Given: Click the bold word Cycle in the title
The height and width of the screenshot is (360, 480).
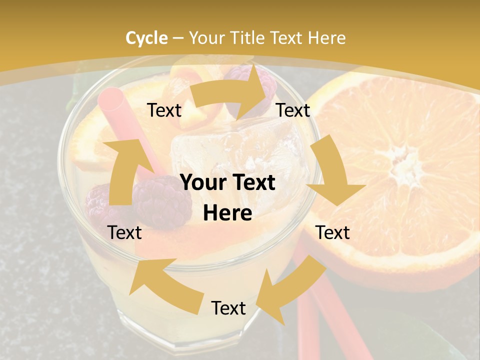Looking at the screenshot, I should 146,38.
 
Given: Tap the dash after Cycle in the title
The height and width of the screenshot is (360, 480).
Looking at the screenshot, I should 178,38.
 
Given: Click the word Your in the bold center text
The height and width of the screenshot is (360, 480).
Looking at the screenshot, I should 201,182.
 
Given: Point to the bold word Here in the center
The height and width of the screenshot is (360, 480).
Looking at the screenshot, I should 227,213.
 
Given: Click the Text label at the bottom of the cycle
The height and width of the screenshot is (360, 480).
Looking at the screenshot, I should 228,308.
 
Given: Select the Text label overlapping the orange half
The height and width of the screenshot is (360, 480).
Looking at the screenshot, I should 333,232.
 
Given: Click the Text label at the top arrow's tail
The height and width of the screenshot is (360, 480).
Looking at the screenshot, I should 164,110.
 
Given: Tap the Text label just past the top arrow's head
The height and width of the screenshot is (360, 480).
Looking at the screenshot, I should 293,110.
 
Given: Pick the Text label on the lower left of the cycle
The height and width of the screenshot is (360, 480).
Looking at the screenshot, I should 124,232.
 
